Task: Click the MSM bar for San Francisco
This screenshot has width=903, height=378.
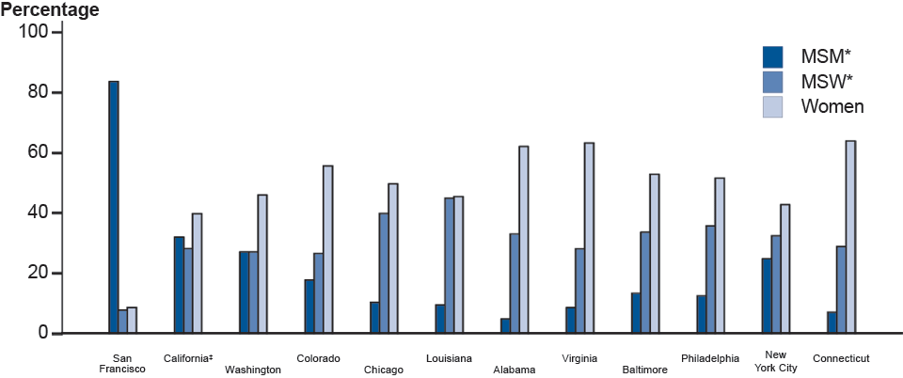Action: click(x=113, y=207)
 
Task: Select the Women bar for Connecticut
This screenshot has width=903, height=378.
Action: click(x=850, y=237)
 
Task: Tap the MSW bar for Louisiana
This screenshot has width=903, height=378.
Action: click(x=449, y=265)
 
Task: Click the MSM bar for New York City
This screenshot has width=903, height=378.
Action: click(x=767, y=295)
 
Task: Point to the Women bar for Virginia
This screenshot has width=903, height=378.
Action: click(x=589, y=238)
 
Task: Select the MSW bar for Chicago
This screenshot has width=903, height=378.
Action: click(x=384, y=273)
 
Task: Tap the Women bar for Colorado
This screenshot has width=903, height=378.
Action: click(x=327, y=249)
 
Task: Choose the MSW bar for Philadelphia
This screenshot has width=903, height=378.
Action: click(x=710, y=279)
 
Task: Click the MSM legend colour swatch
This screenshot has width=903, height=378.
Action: click(x=773, y=55)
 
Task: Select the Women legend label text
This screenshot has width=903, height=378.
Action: click(x=832, y=106)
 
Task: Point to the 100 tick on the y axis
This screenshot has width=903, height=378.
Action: click(x=59, y=32)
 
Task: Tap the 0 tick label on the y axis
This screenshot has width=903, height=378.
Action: click(x=42, y=333)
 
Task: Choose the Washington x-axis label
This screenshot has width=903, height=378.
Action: click(x=252, y=370)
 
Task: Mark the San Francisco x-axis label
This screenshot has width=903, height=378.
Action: click(x=122, y=363)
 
